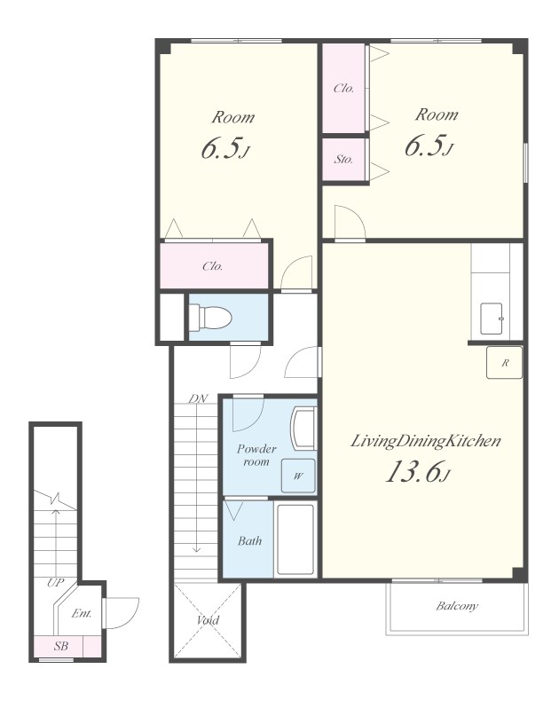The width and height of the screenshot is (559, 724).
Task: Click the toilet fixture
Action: [x=210, y=317]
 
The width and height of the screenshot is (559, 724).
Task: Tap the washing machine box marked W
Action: [x=298, y=476]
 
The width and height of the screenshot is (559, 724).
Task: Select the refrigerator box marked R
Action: [x=505, y=363]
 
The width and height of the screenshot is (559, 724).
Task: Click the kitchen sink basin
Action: [x=492, y=319]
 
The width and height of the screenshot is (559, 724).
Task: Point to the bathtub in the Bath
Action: [x=295, y=539]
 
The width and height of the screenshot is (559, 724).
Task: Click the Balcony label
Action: [x=457, y=606]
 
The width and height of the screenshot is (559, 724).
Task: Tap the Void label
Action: [x=208, y=619]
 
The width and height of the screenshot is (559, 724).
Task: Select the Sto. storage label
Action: [x=344, y=160]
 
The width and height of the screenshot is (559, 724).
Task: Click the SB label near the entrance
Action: [x=61, y=646]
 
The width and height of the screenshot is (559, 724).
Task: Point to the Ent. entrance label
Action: [x=82, y=613]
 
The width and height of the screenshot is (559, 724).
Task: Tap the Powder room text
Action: [x=256, y=455]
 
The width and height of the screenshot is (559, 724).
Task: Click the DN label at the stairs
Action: [x=198, y=398]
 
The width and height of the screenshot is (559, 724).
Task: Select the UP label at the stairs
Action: [x=55, y=583]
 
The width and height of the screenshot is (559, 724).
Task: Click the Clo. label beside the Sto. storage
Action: [x=344, y=88]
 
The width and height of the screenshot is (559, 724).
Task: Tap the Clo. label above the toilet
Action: [x=212, y=266]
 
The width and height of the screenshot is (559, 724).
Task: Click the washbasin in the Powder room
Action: [x=303, y=428]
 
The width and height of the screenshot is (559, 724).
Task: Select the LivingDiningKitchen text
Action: [x=426, y=442]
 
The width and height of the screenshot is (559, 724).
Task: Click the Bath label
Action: [x=249, y=540]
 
